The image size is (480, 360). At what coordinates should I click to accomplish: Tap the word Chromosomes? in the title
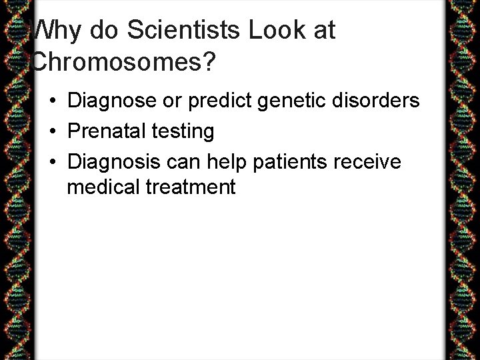123,62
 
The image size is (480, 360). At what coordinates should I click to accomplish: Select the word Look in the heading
276,31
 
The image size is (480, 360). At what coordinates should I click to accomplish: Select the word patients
291,161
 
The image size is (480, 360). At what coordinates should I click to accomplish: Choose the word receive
369,161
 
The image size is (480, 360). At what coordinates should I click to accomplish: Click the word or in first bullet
167,101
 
